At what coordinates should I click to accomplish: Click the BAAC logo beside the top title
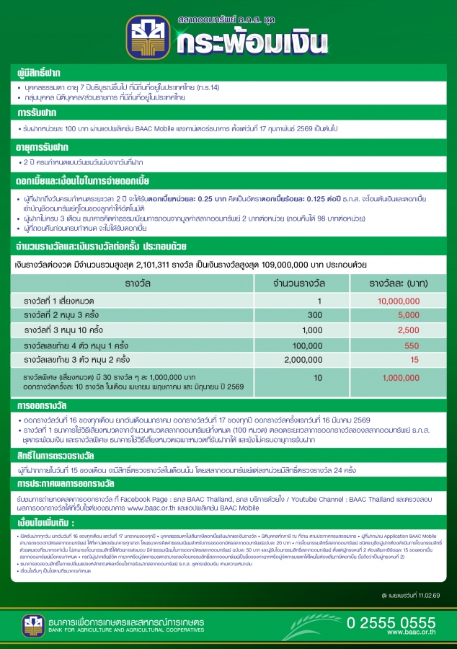point(148,37)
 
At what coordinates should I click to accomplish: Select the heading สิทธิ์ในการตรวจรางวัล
point(54,457)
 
